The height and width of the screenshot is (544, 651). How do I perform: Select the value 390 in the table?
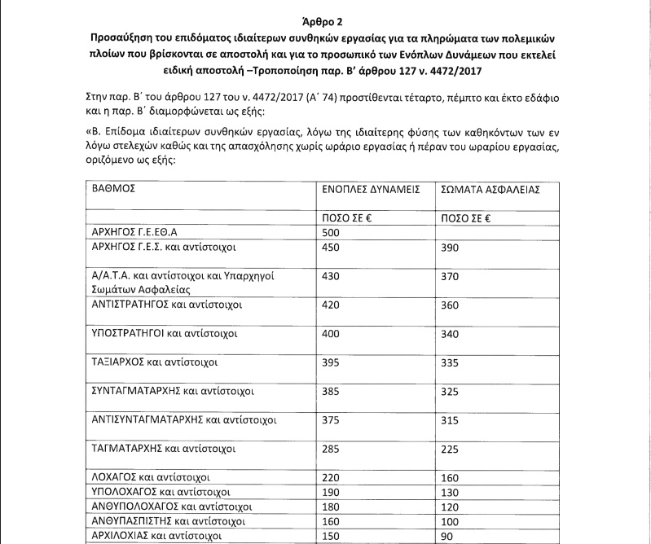450,247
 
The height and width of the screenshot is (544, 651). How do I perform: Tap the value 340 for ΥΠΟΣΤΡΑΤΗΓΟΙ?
450,334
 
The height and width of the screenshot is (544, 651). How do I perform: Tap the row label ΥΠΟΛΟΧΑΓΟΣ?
161,493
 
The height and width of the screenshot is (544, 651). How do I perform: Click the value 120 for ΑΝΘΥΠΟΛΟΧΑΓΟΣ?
450,507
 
